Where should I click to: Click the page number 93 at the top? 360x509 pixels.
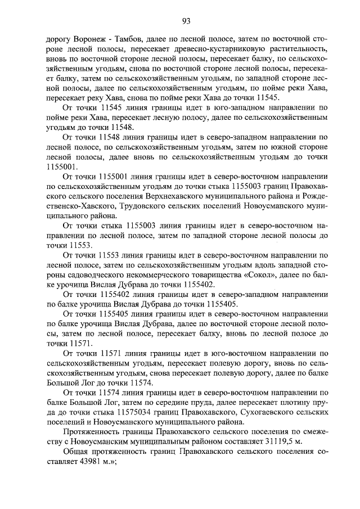(186, 21)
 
